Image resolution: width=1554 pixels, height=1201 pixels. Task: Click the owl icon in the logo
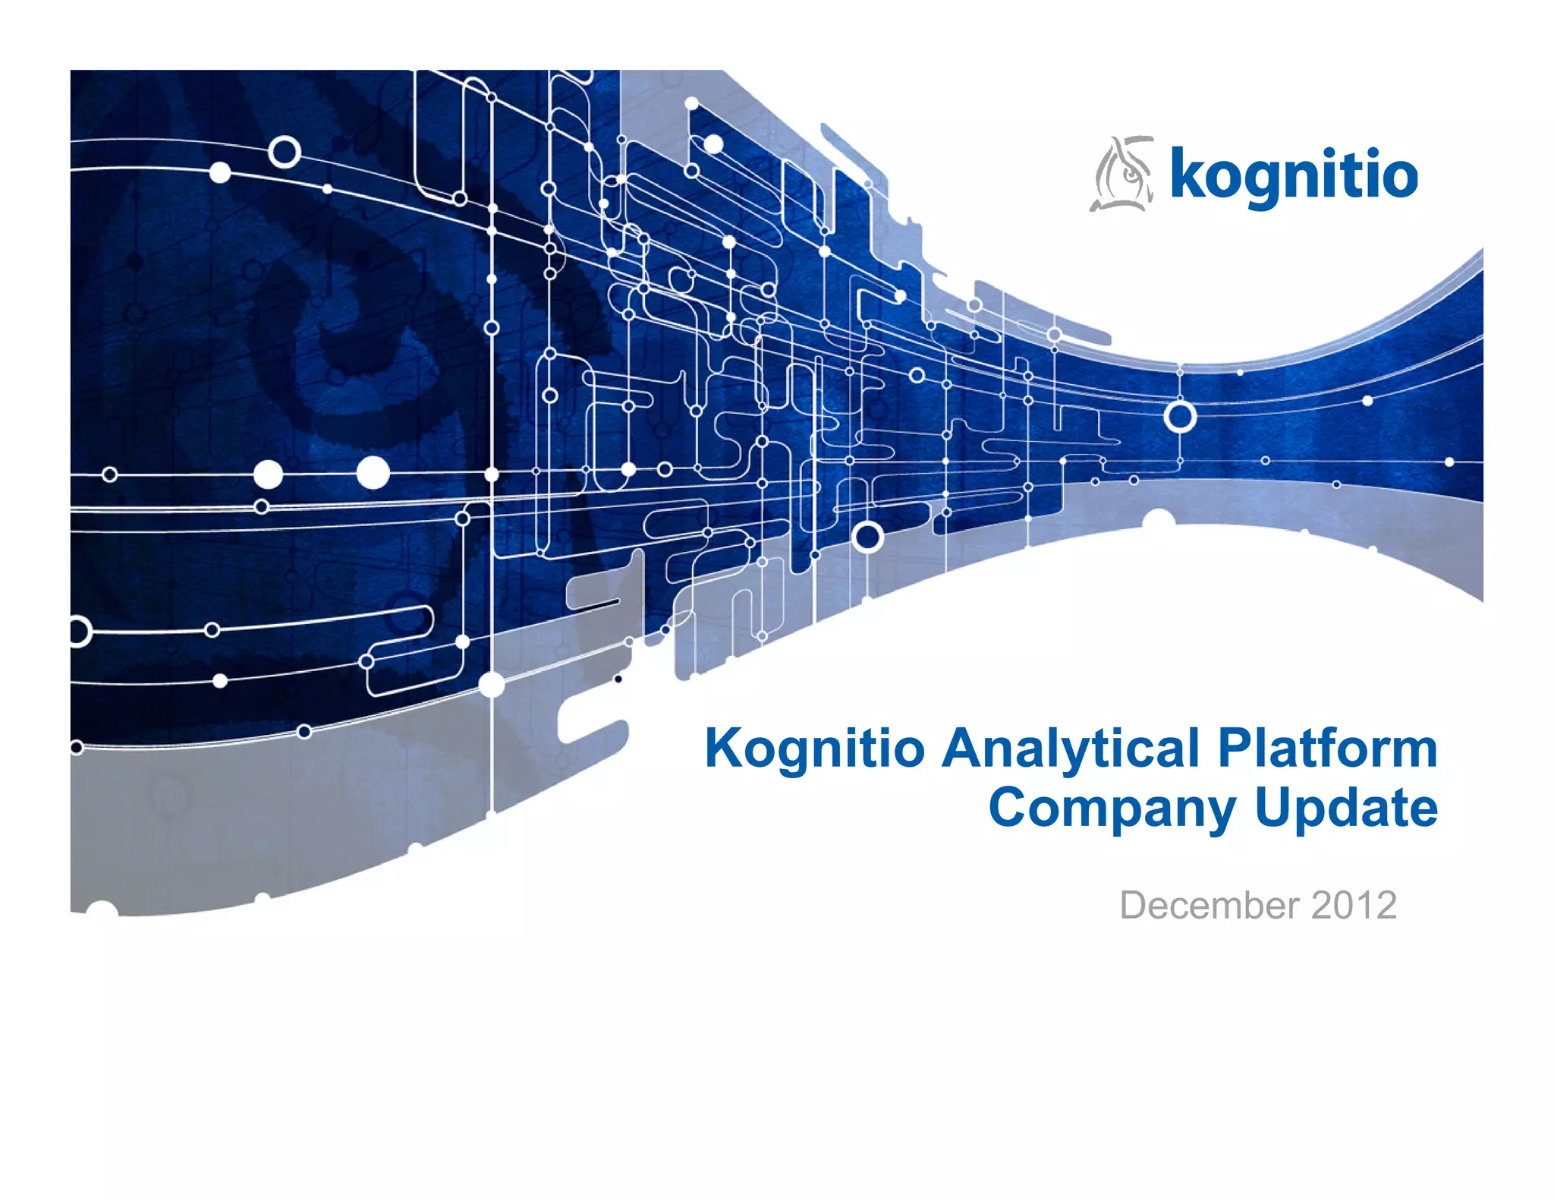coord(1122,174)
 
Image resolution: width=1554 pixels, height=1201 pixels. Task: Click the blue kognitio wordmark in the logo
coord(1293,175)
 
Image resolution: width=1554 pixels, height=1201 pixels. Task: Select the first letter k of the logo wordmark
coord(1188,174)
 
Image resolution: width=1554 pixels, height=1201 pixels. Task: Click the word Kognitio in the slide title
coord(814,749)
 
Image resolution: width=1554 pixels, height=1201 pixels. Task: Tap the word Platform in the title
coord(1328,749)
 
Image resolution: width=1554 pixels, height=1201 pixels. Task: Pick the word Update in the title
coord(1346,809)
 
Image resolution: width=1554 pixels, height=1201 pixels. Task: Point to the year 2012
coord(1354,905)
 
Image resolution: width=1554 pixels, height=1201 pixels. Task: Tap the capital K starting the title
coord(724,749)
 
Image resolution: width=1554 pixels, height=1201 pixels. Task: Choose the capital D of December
coord(1136,905)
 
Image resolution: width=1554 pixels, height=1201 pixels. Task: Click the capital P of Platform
coord(1236,749)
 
